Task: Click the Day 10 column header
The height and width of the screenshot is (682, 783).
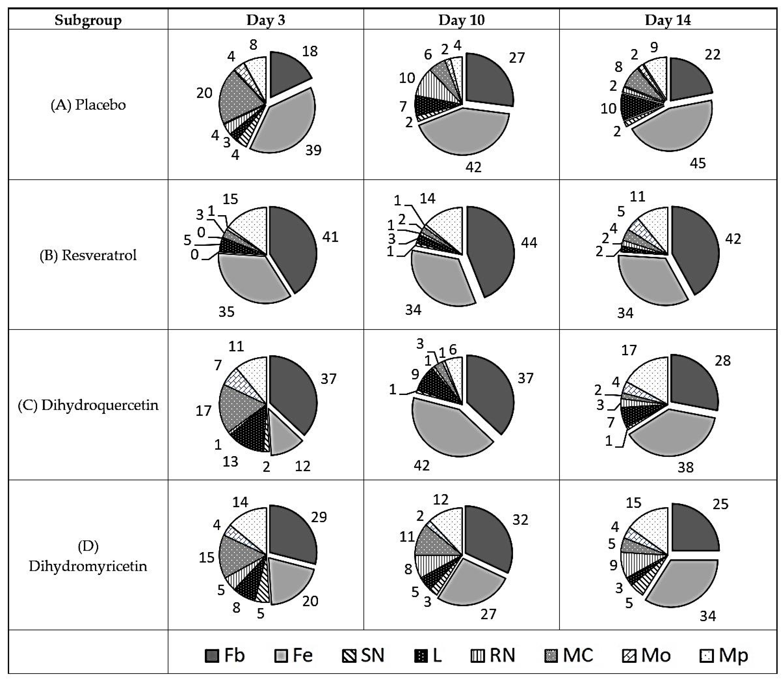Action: point(461,20)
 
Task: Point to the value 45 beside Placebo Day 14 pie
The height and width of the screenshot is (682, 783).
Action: point(697,163)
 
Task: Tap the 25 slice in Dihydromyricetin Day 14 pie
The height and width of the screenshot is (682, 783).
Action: point(694,529)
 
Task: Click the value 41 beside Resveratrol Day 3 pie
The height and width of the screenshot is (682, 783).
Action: point(330,237)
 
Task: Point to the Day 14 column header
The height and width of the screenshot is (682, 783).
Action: point(668,20)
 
